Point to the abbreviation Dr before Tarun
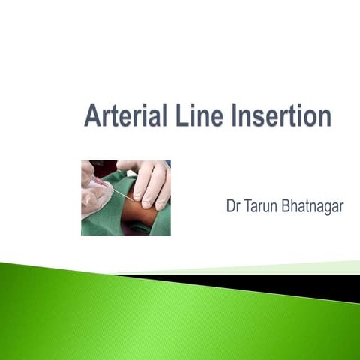[233, 206]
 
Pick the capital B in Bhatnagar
[287, 206]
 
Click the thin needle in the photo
[120, 195]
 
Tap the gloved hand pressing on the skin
[150, 184]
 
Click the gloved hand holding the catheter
[94, 196]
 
